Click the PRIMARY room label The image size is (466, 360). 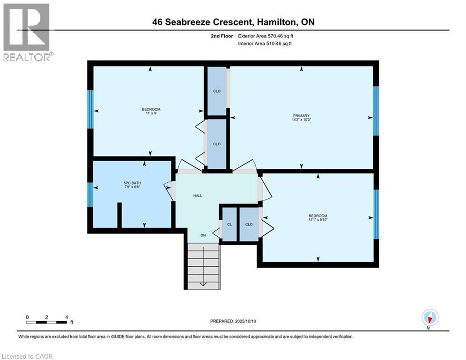[x=301, y=116]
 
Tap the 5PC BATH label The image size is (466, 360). [x=132, y=183]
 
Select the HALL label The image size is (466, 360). [x=198, y=196]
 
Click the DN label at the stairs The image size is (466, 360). [x=203, y=235]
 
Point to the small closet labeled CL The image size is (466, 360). [x=229, y=225]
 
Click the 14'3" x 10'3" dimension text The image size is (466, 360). [x=301, y=120]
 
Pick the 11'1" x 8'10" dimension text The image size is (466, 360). [x=318, y=219]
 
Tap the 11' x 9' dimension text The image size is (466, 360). [x=151, y=113]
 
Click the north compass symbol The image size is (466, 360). [x=430, y=317]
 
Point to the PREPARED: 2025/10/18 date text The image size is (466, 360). [x=233, y=321]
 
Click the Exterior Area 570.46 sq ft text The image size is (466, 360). [x=266, y=36]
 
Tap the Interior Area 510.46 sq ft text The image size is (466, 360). [x=265, y=44]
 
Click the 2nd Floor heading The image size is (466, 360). [x=222, y=36]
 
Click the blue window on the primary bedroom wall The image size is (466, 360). [x=376, y=111]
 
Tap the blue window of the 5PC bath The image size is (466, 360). [x=90, y=195]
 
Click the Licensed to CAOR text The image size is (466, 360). [x=27, y=356]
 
